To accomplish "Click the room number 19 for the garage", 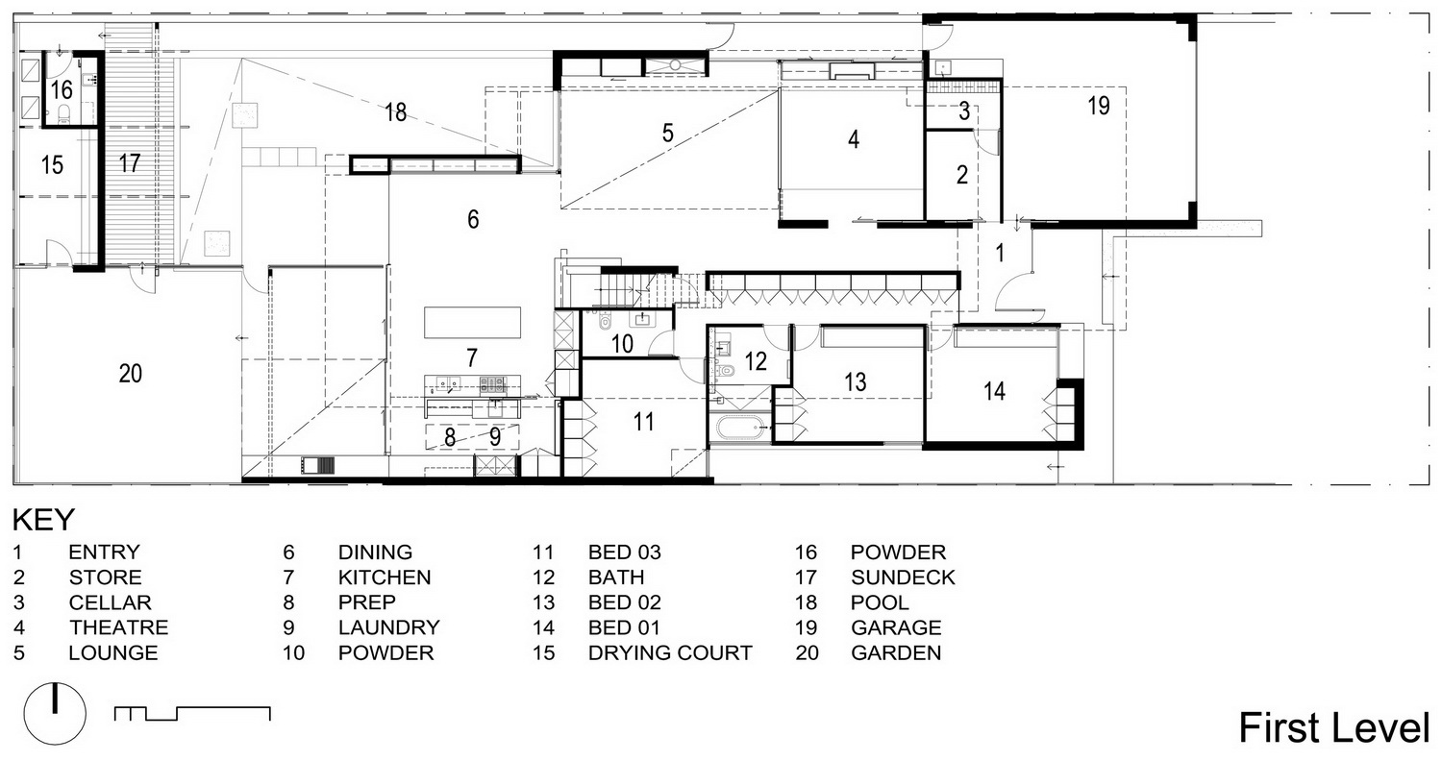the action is (1099, 106).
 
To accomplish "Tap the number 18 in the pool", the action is (395, 112).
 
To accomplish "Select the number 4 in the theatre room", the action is (854, 139).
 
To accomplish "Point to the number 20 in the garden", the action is (131, 373).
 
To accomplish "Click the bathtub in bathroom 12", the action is (740, 427).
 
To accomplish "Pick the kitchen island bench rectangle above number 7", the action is (473, 322).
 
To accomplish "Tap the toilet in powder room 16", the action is (64, 113).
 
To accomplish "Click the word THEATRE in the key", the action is (119, 627).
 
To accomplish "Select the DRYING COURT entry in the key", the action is (670, 653).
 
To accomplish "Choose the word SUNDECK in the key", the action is (904, 577).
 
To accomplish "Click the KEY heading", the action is (44, 520).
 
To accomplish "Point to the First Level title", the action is (1334, 727).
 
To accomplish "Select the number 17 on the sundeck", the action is (130, 163).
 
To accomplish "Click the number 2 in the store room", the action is (962, 174).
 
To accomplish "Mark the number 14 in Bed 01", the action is (995, 390).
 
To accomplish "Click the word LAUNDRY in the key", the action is (388, 627).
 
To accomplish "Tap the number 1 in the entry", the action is (1000, 253).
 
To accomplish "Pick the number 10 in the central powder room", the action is (623, 344).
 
